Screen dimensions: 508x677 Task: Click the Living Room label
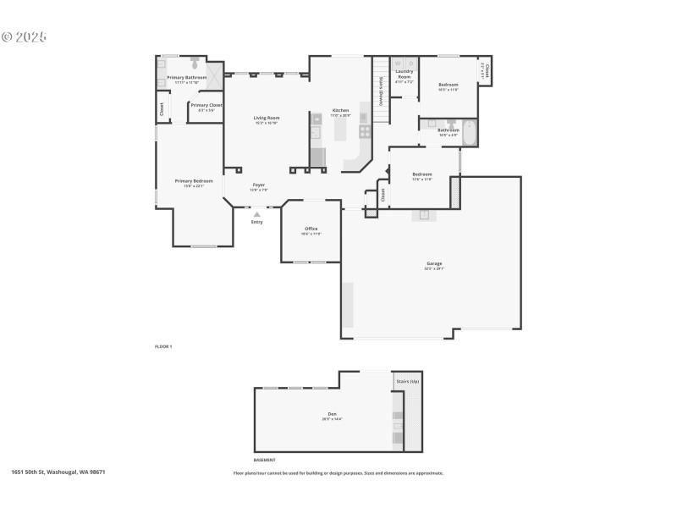tap(267, 118)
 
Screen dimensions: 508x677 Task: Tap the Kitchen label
tap(340, 110)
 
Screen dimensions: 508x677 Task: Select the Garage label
tap(434, 263)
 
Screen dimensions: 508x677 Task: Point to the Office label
tap(311, 229)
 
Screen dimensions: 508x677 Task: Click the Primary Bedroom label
tap(194, 180)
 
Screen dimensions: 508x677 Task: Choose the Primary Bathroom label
tap(187, 77)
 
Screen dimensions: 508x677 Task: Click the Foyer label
tap(259, 185)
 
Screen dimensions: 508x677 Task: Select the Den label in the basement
tap(333, 414)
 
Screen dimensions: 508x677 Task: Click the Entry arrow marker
tap(256, 214)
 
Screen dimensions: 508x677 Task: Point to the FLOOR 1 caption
tap(163, 347)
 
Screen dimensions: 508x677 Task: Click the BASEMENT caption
tap(264, 460)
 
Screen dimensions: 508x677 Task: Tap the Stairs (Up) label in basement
tap(408, 382)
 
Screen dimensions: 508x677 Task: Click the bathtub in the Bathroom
tap(469, 133)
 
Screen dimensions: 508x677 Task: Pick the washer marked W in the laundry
tap(399, 63)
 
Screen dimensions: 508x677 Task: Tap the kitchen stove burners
tap(365, 131)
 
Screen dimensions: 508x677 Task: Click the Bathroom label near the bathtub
tap(449, 130)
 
